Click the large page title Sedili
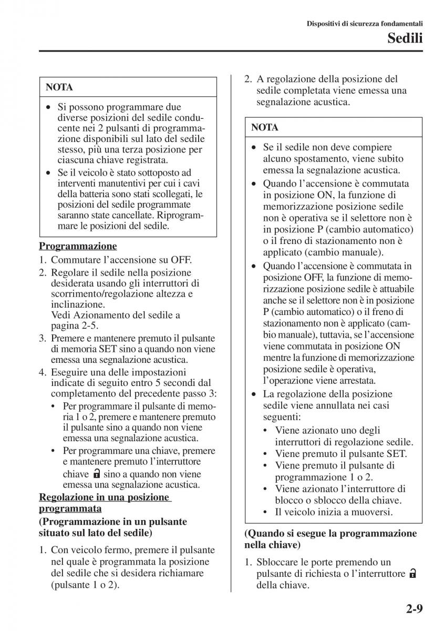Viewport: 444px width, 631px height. coord(405,37)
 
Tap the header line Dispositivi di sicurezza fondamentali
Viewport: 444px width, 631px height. coord(365,23)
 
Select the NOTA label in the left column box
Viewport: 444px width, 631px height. coord(59,87)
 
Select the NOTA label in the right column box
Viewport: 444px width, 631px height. coord(265,127)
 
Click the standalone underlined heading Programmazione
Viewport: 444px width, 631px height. coord(78,246)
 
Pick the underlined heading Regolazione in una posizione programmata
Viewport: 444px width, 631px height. coord(105,503)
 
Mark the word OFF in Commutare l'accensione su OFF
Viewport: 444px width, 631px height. coord(181,260)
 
